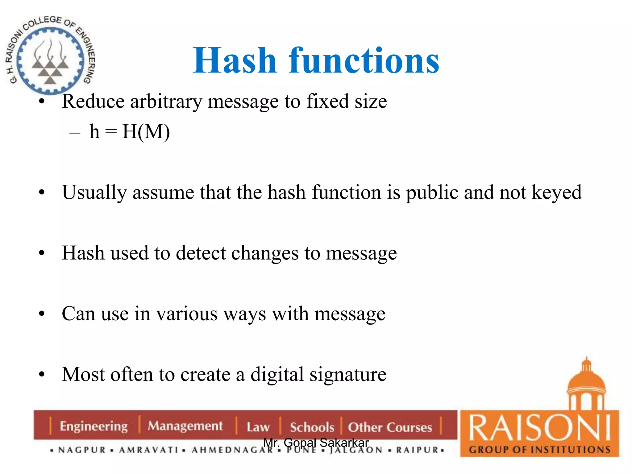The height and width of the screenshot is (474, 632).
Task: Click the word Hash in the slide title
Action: tap(235, 61)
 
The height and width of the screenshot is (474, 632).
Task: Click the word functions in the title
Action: tap(364, 61)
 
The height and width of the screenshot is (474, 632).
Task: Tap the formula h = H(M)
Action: tap(129, 132)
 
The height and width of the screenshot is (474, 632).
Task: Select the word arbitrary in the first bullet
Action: tap(166, 102)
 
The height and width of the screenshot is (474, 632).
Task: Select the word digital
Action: tap(277, 374)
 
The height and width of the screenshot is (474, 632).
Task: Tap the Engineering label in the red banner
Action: tap(94, 426)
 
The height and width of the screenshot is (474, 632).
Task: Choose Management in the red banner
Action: tap(185, 426)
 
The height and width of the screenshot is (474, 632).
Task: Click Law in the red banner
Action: tap(258, 427)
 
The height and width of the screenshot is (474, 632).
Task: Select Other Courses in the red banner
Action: tap(390, 427)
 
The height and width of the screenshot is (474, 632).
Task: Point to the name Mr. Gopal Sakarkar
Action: tap(316, 443)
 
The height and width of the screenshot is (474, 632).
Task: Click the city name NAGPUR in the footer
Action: tap(82, 450)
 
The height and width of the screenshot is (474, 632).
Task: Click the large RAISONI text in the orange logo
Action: tap(539, 428)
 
